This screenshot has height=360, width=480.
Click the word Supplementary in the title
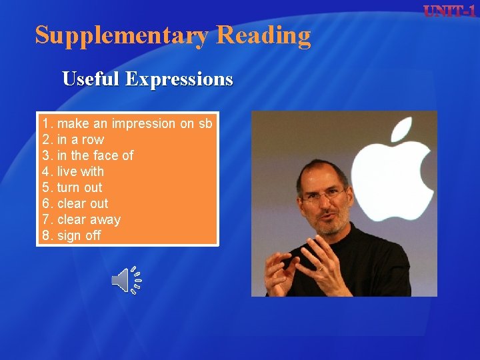pyautogui.click(x=122, y=35)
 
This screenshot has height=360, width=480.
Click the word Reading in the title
pyautogui.click(x=263, y=35)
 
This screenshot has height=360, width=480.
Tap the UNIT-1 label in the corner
pyautogui.click(x=449, y=11)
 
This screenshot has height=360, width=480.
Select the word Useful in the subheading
pyautogui.click(x=91, y=79)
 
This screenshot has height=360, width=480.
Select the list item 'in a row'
pyautogui.click(x=80, y=139)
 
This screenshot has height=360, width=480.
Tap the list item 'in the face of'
pyautogui.click(x=95, y=155)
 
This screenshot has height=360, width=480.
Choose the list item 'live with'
pyautogui.click(x=80, y=171)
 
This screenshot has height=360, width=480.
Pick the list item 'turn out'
pyautogui.click(x=79, y=187)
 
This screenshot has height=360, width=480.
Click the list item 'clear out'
pyautogui.click(x=82, y=203)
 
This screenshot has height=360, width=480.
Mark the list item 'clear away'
pyautogui.click(x=89, y=219)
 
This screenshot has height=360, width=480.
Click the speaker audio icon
pyautogui.click(x=125, y=280)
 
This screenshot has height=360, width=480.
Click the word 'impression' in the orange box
pyautogui.click(x=144, y=123)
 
